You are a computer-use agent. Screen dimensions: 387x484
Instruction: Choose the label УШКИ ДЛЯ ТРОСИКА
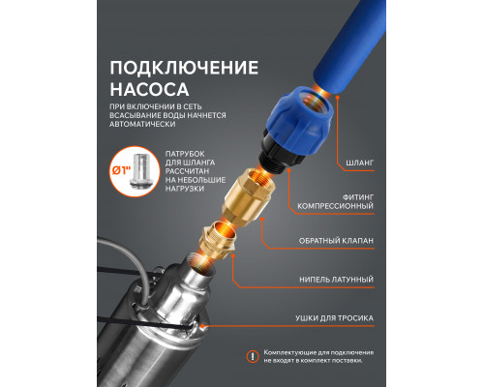point(340,316)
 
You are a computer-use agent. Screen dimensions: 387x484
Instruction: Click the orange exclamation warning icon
point(254,354)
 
